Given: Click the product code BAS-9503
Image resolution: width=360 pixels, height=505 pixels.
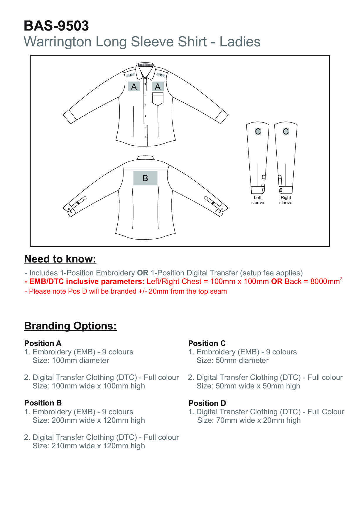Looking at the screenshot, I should [x=56, y=26].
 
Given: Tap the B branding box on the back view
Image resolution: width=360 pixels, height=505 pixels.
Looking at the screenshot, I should [x=145, y=178].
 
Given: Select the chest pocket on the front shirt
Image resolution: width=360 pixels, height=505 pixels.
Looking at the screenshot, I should [x=158, y=99].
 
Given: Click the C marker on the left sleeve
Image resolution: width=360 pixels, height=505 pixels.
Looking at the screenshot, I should [x=258, y=132].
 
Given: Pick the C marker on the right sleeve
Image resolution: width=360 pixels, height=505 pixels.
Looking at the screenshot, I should [x=286, y=132].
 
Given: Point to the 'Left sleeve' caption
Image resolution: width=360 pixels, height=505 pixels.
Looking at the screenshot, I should [x=258, y=200].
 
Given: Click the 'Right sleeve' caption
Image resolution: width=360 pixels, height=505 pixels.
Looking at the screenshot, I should [x=286, y=200].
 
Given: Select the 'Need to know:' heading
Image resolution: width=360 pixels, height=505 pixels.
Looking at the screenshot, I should [x=60, y=259].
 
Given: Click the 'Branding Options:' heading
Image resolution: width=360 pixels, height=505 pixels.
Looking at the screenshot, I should [x=70, y=326].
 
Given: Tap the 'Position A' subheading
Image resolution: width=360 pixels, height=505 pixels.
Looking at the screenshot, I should [x=43, y=343].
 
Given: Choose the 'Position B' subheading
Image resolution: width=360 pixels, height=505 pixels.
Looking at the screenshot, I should [x=43, y=403].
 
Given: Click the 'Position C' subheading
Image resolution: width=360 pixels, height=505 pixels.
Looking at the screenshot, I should [x=207, y=343].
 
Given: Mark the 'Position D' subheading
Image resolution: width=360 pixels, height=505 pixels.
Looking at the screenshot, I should [x=207, y=403].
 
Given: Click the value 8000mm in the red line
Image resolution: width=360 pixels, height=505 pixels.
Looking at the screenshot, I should [x=325, y=282].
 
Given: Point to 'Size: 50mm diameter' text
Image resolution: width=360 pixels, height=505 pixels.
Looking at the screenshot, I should [x=232, y=361].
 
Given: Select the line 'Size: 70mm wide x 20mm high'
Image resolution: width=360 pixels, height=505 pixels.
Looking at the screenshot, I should [x=249, y=420].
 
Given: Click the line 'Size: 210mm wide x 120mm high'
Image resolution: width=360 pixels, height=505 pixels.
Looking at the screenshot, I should [x=89, y=446].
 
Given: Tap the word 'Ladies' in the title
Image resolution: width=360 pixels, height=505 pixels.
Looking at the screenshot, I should [x=240, y=42].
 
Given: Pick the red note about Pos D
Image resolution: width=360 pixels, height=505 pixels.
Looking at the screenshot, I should [x=126, y=292].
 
